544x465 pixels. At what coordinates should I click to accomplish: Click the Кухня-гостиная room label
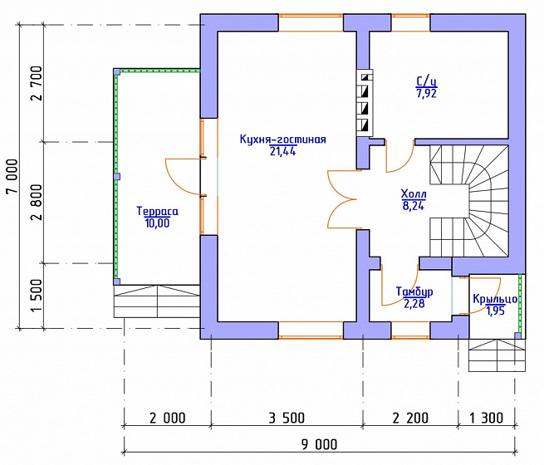282,139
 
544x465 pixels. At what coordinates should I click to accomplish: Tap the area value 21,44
282,151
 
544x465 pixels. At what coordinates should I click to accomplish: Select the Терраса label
158,211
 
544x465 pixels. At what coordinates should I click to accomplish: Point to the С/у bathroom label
426,81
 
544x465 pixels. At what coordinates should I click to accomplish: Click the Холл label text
414,193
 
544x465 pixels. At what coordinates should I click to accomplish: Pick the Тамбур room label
414,292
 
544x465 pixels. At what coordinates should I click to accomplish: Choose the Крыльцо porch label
496,299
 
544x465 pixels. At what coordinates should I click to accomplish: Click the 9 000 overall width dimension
319,444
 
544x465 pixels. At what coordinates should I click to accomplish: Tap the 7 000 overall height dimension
12,177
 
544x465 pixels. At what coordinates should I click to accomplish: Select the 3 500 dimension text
287,418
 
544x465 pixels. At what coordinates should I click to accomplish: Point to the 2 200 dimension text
410,418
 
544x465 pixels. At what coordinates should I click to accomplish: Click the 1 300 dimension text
487,418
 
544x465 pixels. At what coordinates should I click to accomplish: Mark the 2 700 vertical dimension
37,83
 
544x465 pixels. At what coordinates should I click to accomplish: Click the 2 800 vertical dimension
37,203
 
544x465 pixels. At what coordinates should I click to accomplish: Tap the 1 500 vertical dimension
37,296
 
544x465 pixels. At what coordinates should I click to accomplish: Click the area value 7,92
426,93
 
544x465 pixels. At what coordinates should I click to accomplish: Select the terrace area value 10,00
158,223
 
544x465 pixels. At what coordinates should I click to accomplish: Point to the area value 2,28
414,304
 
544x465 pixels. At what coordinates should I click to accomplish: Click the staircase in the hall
469,201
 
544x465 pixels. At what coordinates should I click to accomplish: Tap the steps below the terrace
157,301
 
